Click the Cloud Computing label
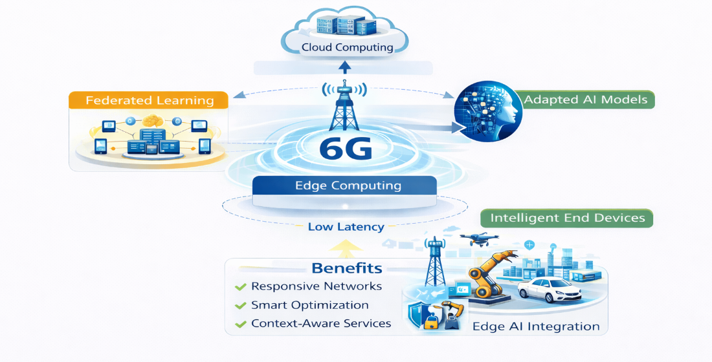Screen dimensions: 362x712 (347, 47)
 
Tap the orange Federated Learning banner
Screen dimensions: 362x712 (150, 100)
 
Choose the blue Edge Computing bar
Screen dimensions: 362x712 (348, 186)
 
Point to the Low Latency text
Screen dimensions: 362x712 (346, 227)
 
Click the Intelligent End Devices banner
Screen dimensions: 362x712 (567, 218)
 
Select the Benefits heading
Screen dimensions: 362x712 (346, 268)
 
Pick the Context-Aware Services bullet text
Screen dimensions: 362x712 (321, 323)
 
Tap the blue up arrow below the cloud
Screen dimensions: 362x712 (345, 67)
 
